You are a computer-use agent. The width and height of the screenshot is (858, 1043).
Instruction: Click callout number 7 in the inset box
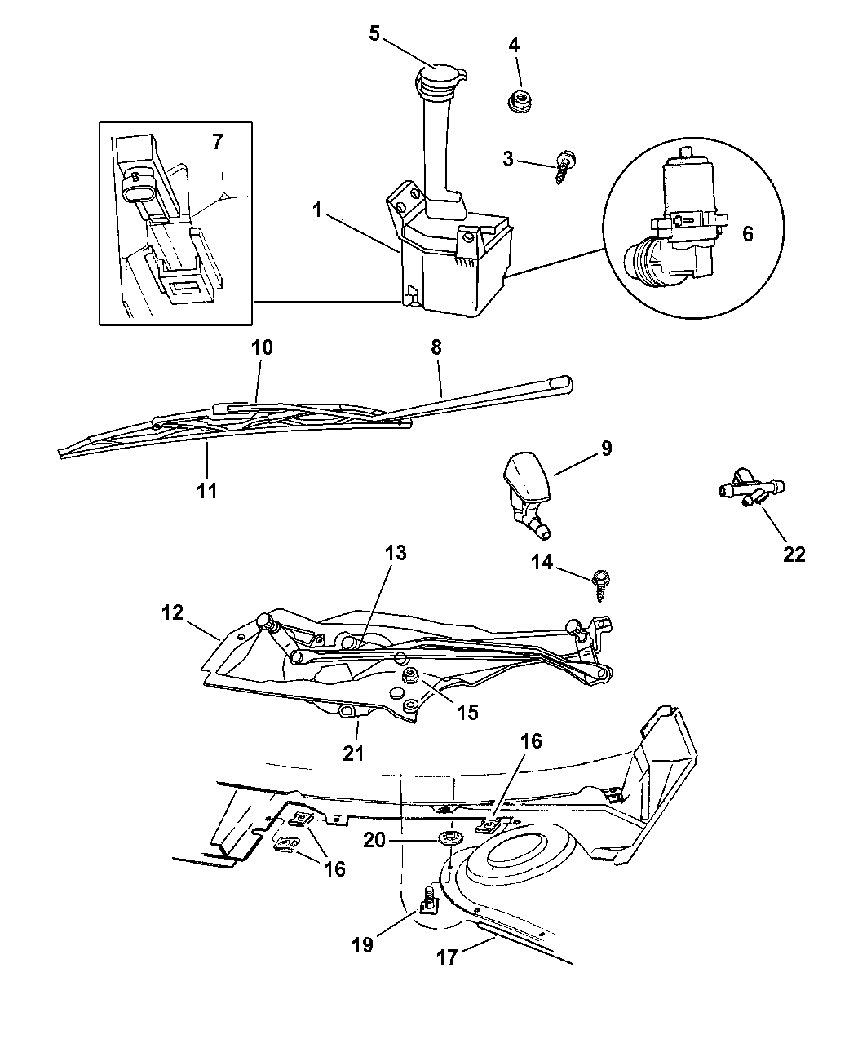point(216,142)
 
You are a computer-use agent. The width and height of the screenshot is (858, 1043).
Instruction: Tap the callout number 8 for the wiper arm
point(436,347)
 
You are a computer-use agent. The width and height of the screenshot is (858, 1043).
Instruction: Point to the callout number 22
point(794,555)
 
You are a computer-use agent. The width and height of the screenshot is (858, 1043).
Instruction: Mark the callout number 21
point(352,753)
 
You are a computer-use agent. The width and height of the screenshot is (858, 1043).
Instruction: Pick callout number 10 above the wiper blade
point(262,347)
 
